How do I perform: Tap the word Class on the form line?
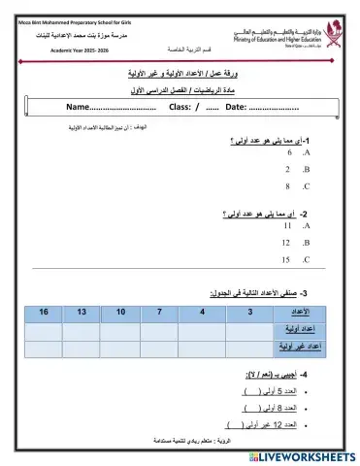(x=184, y=107)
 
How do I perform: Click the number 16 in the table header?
(x=43, y=311)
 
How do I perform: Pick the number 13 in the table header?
(x=81, y=311)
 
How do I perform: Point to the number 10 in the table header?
(x=120, y=311)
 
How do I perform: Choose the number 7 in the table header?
(x=159, y=311)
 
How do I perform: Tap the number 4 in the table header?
(x=202, y=311)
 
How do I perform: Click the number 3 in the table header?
(x=249, y=311)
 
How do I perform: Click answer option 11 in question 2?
(x=286, y=225)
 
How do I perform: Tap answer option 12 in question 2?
(x=286, y=242)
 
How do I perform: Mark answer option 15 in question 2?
(x=286, y=259)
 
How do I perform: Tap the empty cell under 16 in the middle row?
(x=43, y=328)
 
